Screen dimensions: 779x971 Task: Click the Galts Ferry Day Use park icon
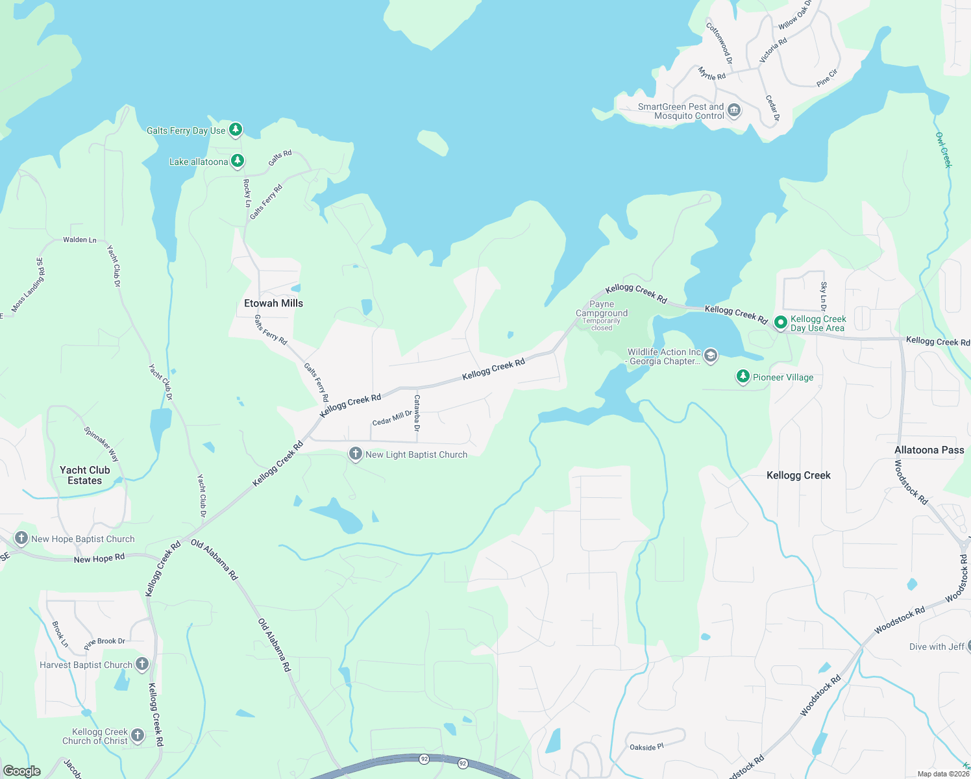pyautogui.click(x=236, y=130)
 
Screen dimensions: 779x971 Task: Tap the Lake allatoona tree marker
pyautogui.click(x=238, y=161)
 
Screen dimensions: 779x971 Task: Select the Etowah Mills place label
pyautogui.click(x=273, y=303)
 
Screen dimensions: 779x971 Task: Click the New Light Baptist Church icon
pyautogui.click(x=355, y=454)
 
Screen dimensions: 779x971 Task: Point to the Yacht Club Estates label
pyautogui.click(x=85, y=475)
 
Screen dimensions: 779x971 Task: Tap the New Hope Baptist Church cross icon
pyautogui.click(x=21, y=538)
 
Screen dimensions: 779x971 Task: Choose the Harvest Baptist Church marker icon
pyautogui.click(x=142, y=664)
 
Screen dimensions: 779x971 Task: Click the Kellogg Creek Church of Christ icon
pyautogui.click(x=138, y=735)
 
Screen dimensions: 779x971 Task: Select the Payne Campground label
pyautogui.click(x=602, y=309)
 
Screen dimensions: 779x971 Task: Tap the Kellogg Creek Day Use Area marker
pyautogui.click(x=781, y=322)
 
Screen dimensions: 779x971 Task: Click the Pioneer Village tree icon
pyautogui.click(x=743, y=377)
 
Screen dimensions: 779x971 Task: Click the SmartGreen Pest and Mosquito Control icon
pyautogui.click(x=734, y=110)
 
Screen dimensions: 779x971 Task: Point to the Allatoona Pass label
pyautogui.click(x=929, y=450)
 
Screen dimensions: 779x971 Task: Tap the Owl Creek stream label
pyautogui.click(x=943, y=150)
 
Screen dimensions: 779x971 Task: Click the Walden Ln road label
pyautogui.click(x=80, y=240)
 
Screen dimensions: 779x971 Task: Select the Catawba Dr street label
pyautogui.click(x=417, y=413)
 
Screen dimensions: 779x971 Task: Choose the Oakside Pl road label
pyautogui.click(x=646, y=747)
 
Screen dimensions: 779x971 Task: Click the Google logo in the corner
pyautogui.click(x=22, y=771)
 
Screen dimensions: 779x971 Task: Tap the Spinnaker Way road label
pyautogui.click(x=101, y=443)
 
